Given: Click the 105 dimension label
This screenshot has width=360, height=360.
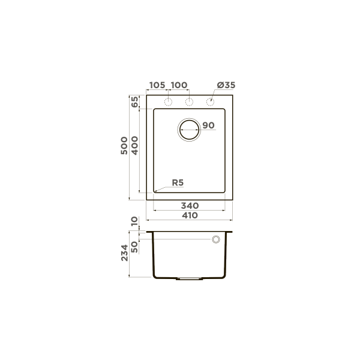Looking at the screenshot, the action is [157, 85].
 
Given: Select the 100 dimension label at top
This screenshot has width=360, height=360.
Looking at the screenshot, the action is [179, 85].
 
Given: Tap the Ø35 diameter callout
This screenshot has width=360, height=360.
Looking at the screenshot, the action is [226, 85].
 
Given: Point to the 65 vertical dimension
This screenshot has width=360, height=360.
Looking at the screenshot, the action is [135, 102].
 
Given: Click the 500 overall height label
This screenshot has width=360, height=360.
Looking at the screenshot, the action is [124, 146].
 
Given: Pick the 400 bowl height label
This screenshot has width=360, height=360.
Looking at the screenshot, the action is [135, 146].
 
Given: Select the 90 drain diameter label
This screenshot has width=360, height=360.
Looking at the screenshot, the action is [208, 125].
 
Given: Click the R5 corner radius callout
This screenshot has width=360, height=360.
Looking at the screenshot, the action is [178, 183].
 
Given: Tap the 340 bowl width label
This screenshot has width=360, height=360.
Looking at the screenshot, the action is [190, 206].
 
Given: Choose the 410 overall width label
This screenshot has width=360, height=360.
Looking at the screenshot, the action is [190, 215].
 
